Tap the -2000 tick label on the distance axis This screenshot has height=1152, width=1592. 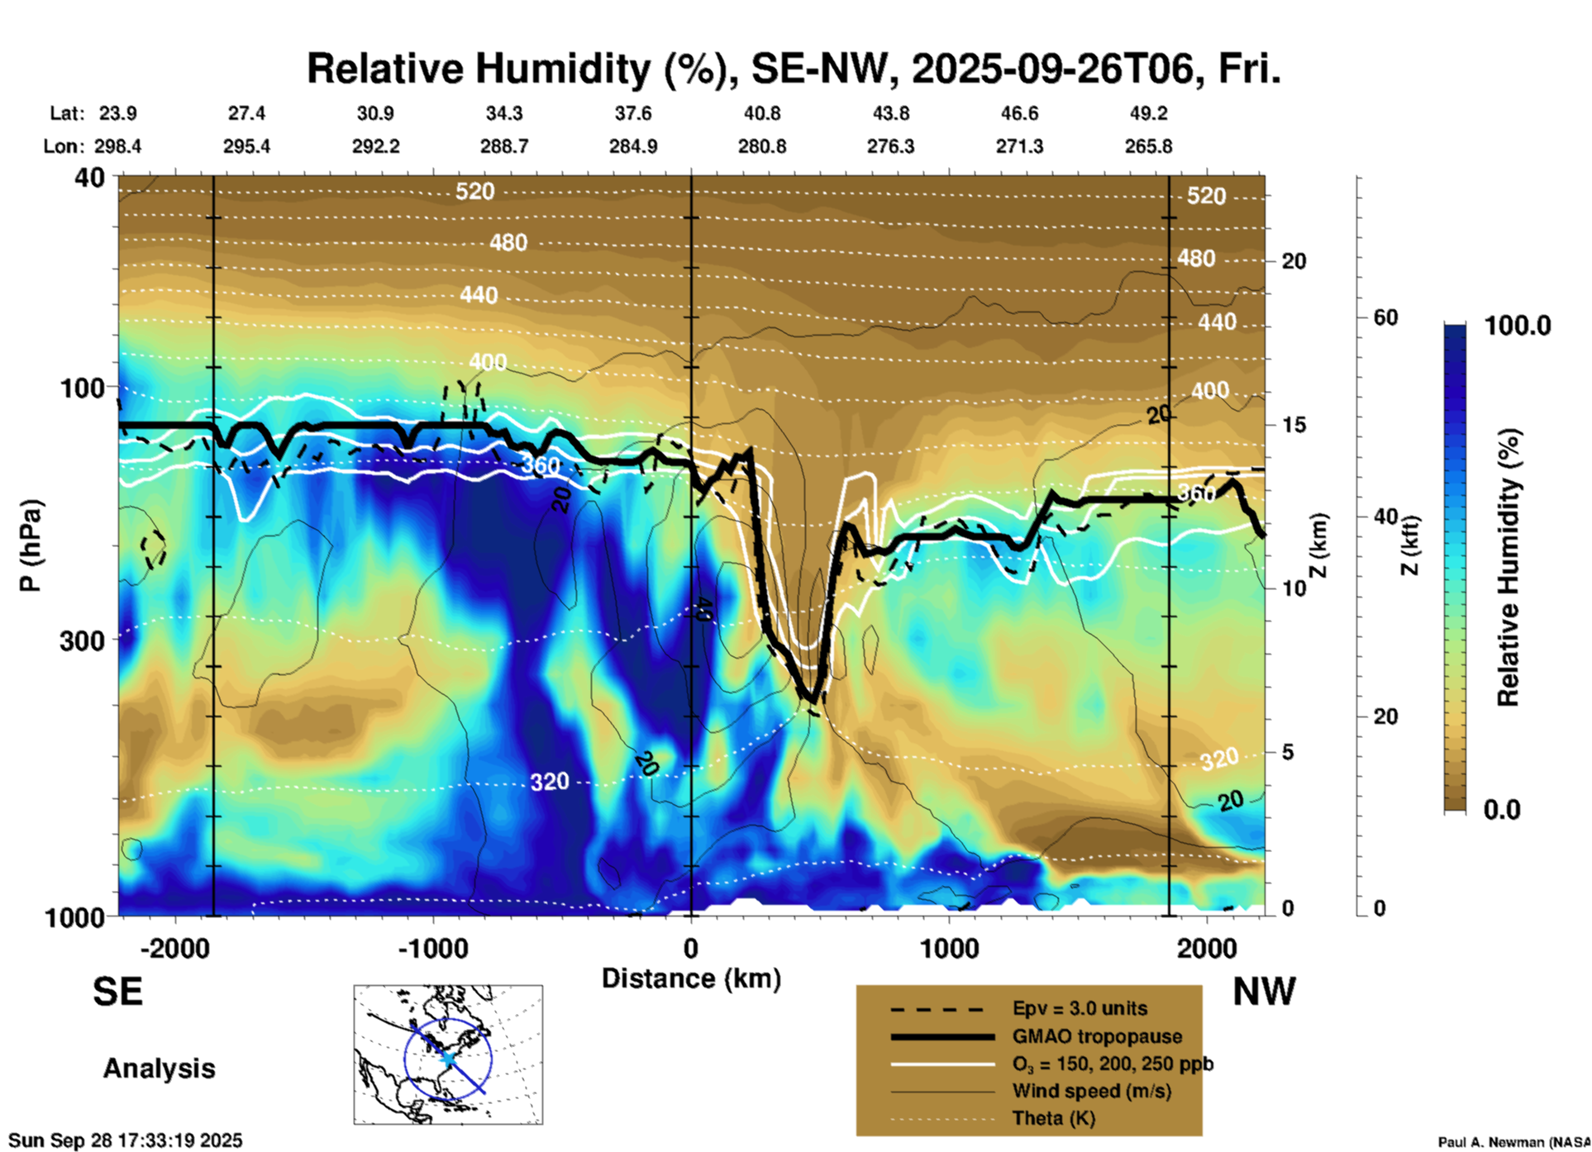coord(174,948)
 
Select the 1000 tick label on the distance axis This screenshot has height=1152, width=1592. coord(949,948)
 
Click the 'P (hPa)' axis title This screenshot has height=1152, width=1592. coord(31,545)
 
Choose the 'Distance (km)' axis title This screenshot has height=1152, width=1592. coord(691,978)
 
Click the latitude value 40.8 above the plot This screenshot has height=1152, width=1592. coord(761,113)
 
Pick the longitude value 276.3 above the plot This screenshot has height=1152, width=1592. coord(890,146)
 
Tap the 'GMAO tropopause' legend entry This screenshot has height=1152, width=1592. coord(1097,1036)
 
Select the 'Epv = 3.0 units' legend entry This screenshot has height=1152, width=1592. coord(1080,1008)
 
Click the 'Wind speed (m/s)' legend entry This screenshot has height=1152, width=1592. coord(1091,1091)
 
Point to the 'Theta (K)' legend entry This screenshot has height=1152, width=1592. coord(1053,1118)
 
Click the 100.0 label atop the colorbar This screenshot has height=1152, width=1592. coord(1518,326)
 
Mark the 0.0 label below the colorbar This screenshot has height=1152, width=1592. coord(1502,809)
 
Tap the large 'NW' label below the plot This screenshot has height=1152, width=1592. coord(1264,992)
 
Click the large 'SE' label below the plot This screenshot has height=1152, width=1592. coord(117,992)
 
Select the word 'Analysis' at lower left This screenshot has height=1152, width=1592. coord(159,1068)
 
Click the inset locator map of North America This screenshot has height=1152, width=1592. coord(448,1054)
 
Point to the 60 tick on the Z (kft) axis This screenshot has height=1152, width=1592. coord(1385,317)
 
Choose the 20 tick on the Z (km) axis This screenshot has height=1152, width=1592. coord(1294,262)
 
